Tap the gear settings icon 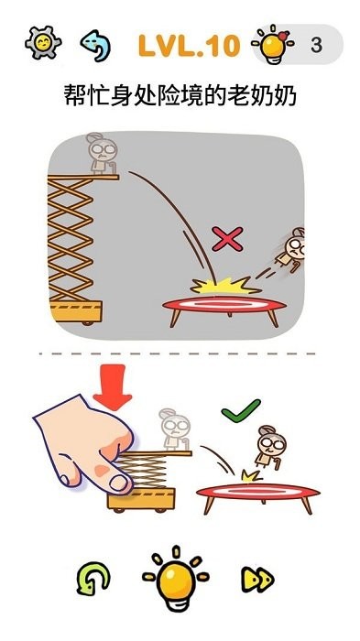pyautogui.click(x=43, y=43)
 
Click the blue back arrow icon pyautogui.click(x=95, y=45)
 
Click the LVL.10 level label pyautogui.click(x=189, y=46)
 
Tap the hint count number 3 pyautogui.click(x=316, y=46)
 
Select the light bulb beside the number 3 pyautogui.click(x=273, y=44)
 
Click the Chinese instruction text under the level pyautogui.click(x=180, y=96)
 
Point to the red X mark pyautogui.click(x=227, y=239)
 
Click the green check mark pyautogui.click(x=241, y=411)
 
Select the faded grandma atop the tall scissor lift pyautogui.click(x=102, y=153)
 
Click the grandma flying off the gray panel pyautogui.click(x=291, y=249)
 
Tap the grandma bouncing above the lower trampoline pyautogui.click(x=270, y=447)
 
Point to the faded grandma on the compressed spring pyautogui.click(x=175, y=429)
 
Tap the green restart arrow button pyautogui.click(x=93, y=579)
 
